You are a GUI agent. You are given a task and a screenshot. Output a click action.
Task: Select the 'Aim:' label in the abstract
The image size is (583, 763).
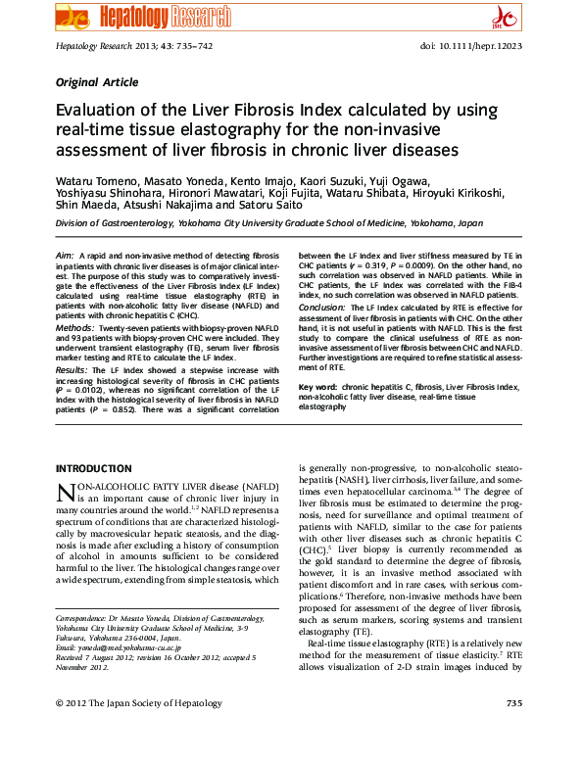[65, 255]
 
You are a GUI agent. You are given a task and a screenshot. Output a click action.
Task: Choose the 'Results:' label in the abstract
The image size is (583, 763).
[73, 371]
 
